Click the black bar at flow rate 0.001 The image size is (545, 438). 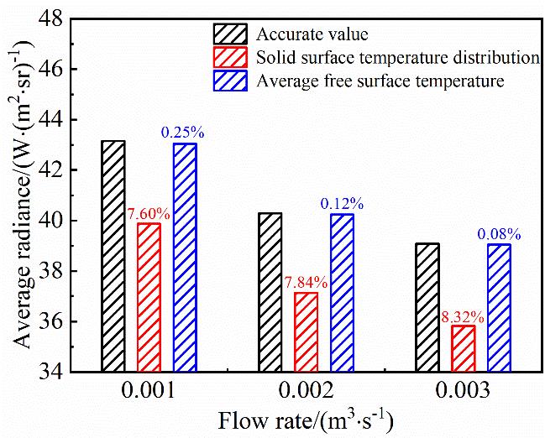tap(113, 256)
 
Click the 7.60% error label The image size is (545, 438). tap(149, 214)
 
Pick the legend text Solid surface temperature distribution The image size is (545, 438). tap(397, 58)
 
